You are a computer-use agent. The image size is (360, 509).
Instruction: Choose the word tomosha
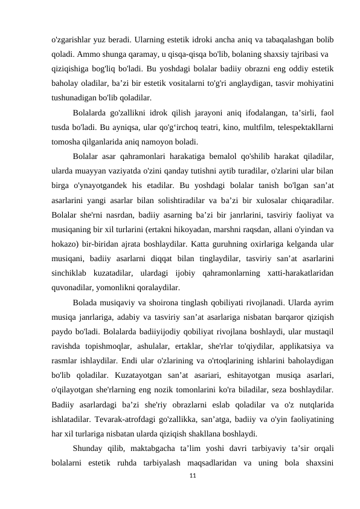click(x=68, y=142)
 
